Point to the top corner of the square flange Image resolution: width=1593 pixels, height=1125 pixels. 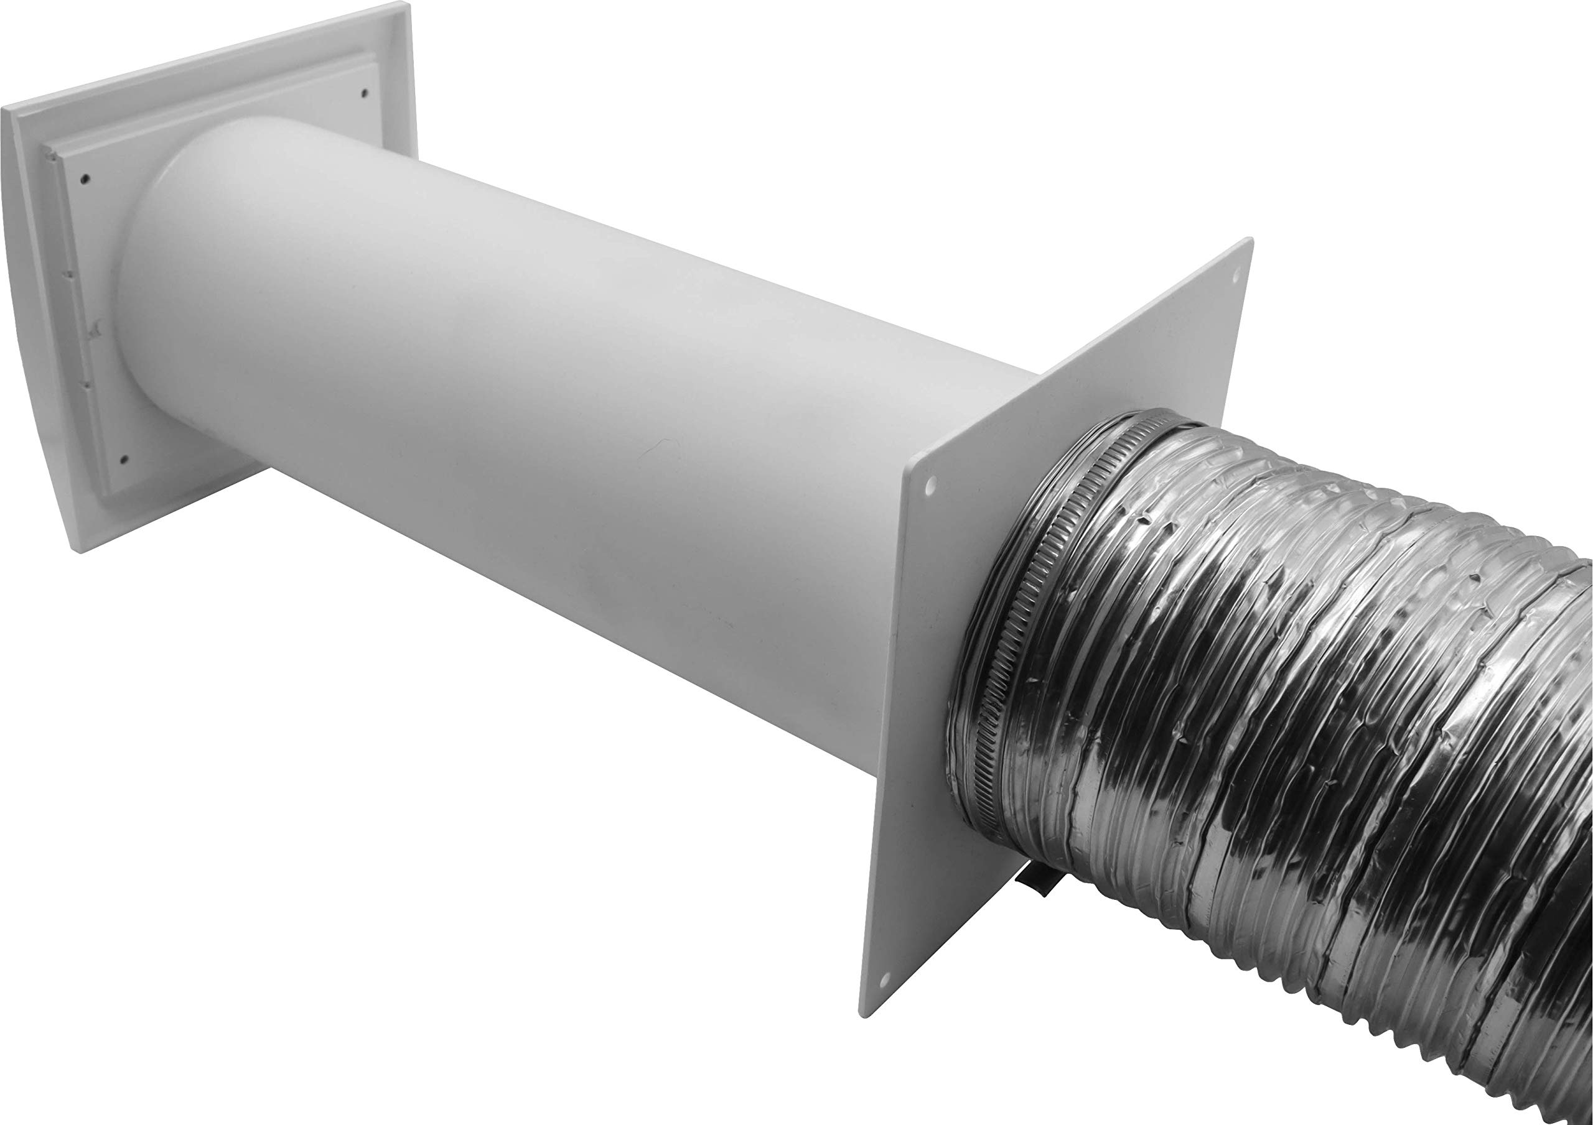(x=1251, y=240)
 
